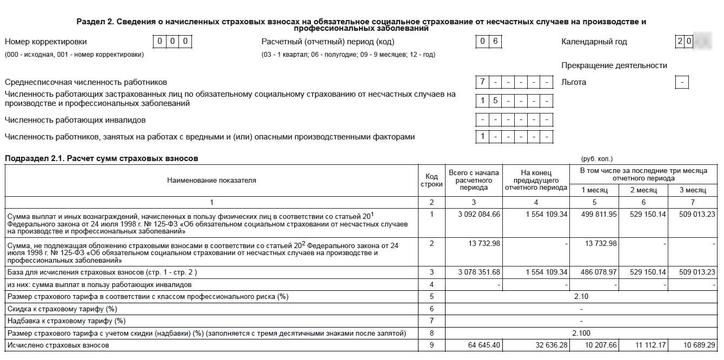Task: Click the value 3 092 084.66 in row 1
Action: [x=479, y=215]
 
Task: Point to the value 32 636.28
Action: [x=547, y=345]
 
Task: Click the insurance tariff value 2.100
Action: [x=581, y=334]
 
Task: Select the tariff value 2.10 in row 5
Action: [x=581, y=296]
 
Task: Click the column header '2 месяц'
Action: [x=643, y=190]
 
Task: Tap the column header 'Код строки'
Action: [x=431, y=181]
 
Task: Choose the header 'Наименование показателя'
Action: [x=211, y=181]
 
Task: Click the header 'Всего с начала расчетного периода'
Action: [x=474, y=180]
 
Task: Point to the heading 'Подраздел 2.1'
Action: [x=102, y=158]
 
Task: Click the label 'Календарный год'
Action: [x=594, y=42]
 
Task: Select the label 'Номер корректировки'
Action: [x=45, y=42]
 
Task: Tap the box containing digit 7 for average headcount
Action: [x=482, y=83]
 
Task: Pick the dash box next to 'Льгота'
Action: [x=682, y=83]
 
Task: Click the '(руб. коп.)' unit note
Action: [x=597, y=159]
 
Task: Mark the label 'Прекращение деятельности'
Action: [x=614, y=65]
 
